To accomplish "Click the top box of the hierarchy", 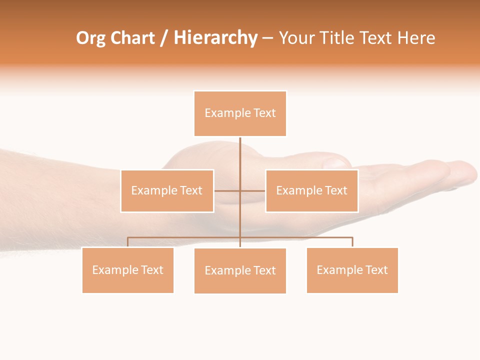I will [240, 113].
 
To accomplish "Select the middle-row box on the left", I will [167, 190].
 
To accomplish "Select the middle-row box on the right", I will [311, 190].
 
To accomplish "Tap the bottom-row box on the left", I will [128, 270].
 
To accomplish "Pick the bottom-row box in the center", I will [240, 270].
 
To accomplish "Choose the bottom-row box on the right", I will [352, 270].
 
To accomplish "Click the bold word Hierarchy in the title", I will [215, 38].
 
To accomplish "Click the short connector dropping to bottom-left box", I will [128, 242].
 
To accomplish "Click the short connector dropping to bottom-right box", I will [352, 242].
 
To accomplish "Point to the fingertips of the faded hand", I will [462, 172].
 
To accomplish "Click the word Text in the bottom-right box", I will [376, 270].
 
